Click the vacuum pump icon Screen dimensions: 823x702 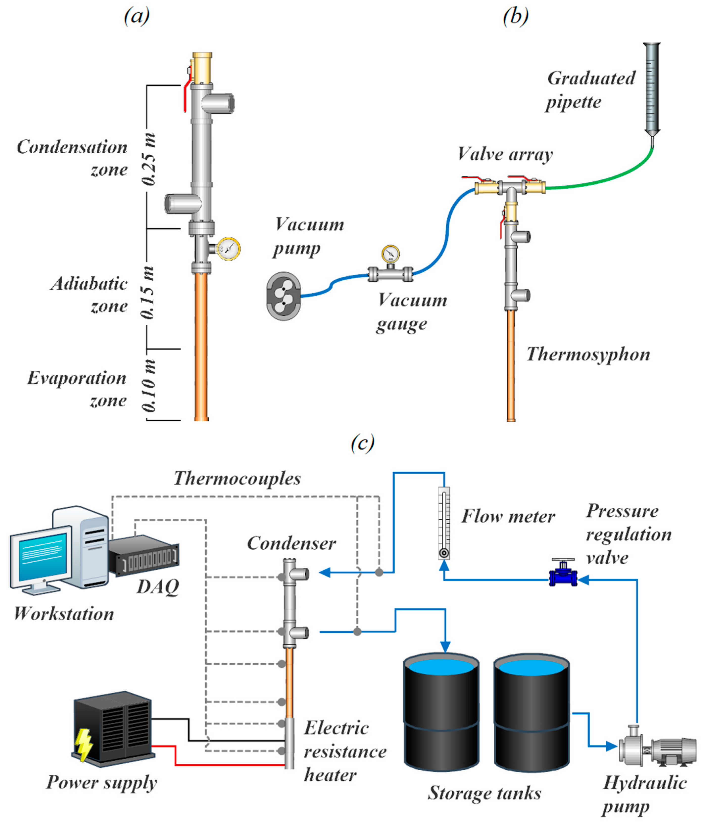click(x=283, y=296)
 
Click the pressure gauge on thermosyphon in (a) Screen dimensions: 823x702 click(x=228, y=249)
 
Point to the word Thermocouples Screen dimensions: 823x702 click(x=237, y=478)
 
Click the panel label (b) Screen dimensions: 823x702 click(x=515, y=17)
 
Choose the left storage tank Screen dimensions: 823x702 click(x=441, y=711)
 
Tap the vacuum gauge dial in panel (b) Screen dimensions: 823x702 click(x=390, y=253)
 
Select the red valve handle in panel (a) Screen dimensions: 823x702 click(x=185, y=97)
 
